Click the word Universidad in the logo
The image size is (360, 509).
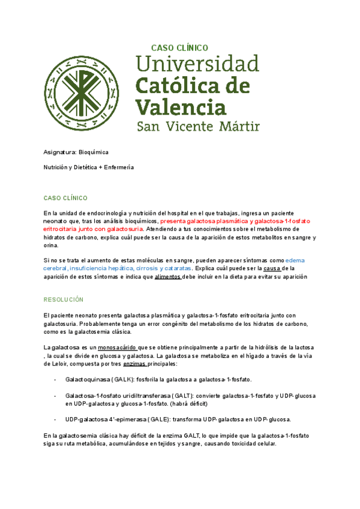(198, 64)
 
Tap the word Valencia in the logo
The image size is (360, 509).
(182, 107)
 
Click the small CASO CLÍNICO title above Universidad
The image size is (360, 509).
(179, 47)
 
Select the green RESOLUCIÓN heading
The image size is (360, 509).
(64, 299)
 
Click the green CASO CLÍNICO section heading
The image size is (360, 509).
(66, 197)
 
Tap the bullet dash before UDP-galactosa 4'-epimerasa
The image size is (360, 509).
(55, 419)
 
